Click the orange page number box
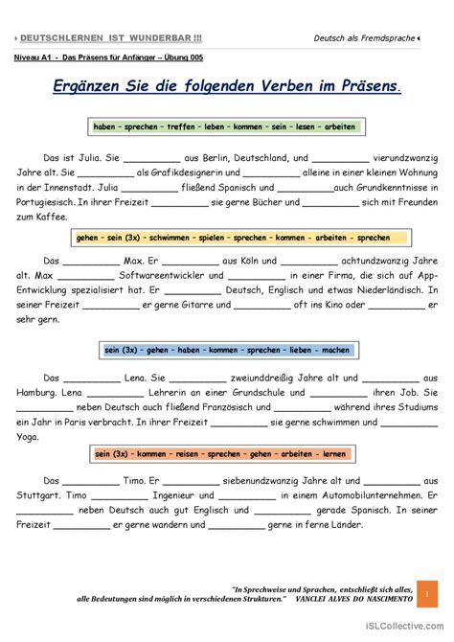coord(427,595)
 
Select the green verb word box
coord(224,126)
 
